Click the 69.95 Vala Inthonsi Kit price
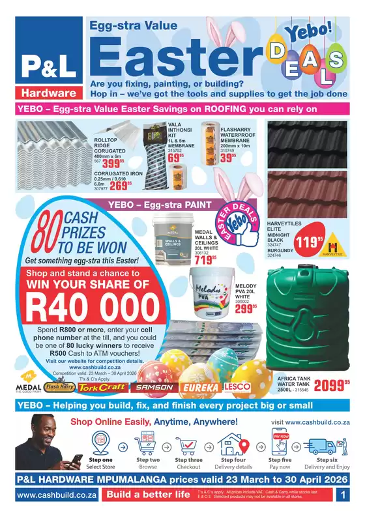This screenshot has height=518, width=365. tap(177, 158)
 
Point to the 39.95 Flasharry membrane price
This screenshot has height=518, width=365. tap(229, 158)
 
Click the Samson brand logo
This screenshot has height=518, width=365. tap(154, 387)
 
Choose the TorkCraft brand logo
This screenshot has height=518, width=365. tap(104, 387)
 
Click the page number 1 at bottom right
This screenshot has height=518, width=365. tap(343, 495)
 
